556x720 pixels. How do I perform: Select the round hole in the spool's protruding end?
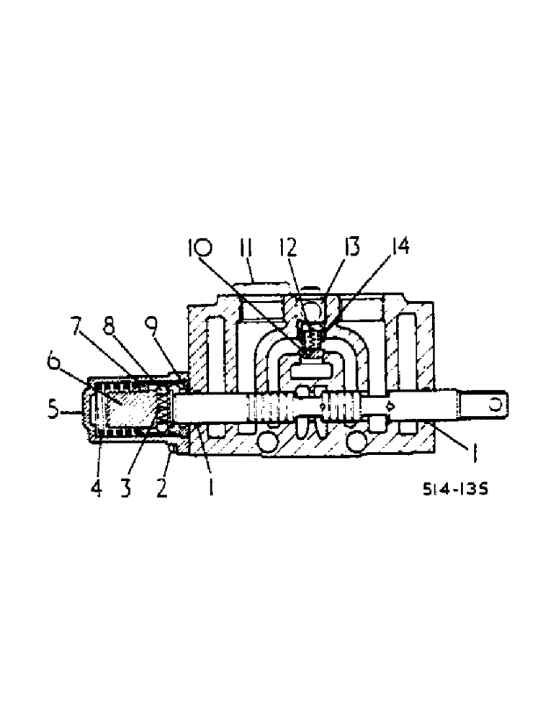(x=495, y=404)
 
